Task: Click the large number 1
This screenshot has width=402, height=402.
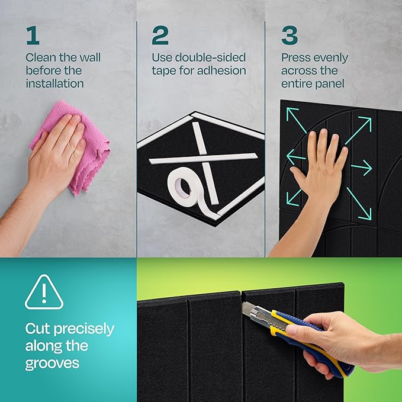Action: point(32,35)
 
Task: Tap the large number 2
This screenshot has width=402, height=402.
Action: point(160,35)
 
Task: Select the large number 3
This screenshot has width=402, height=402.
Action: point(290,35)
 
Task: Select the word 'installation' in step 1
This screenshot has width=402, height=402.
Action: point(54,83)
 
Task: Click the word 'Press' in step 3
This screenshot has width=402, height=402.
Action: point(296,58)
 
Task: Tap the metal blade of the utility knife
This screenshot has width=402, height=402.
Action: point(249,308)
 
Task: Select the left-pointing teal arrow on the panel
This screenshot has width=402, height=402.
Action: point(295,157)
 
